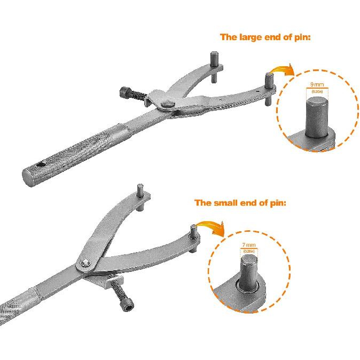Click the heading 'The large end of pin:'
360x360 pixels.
(265, 37)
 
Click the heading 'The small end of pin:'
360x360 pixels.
(240, 203)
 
